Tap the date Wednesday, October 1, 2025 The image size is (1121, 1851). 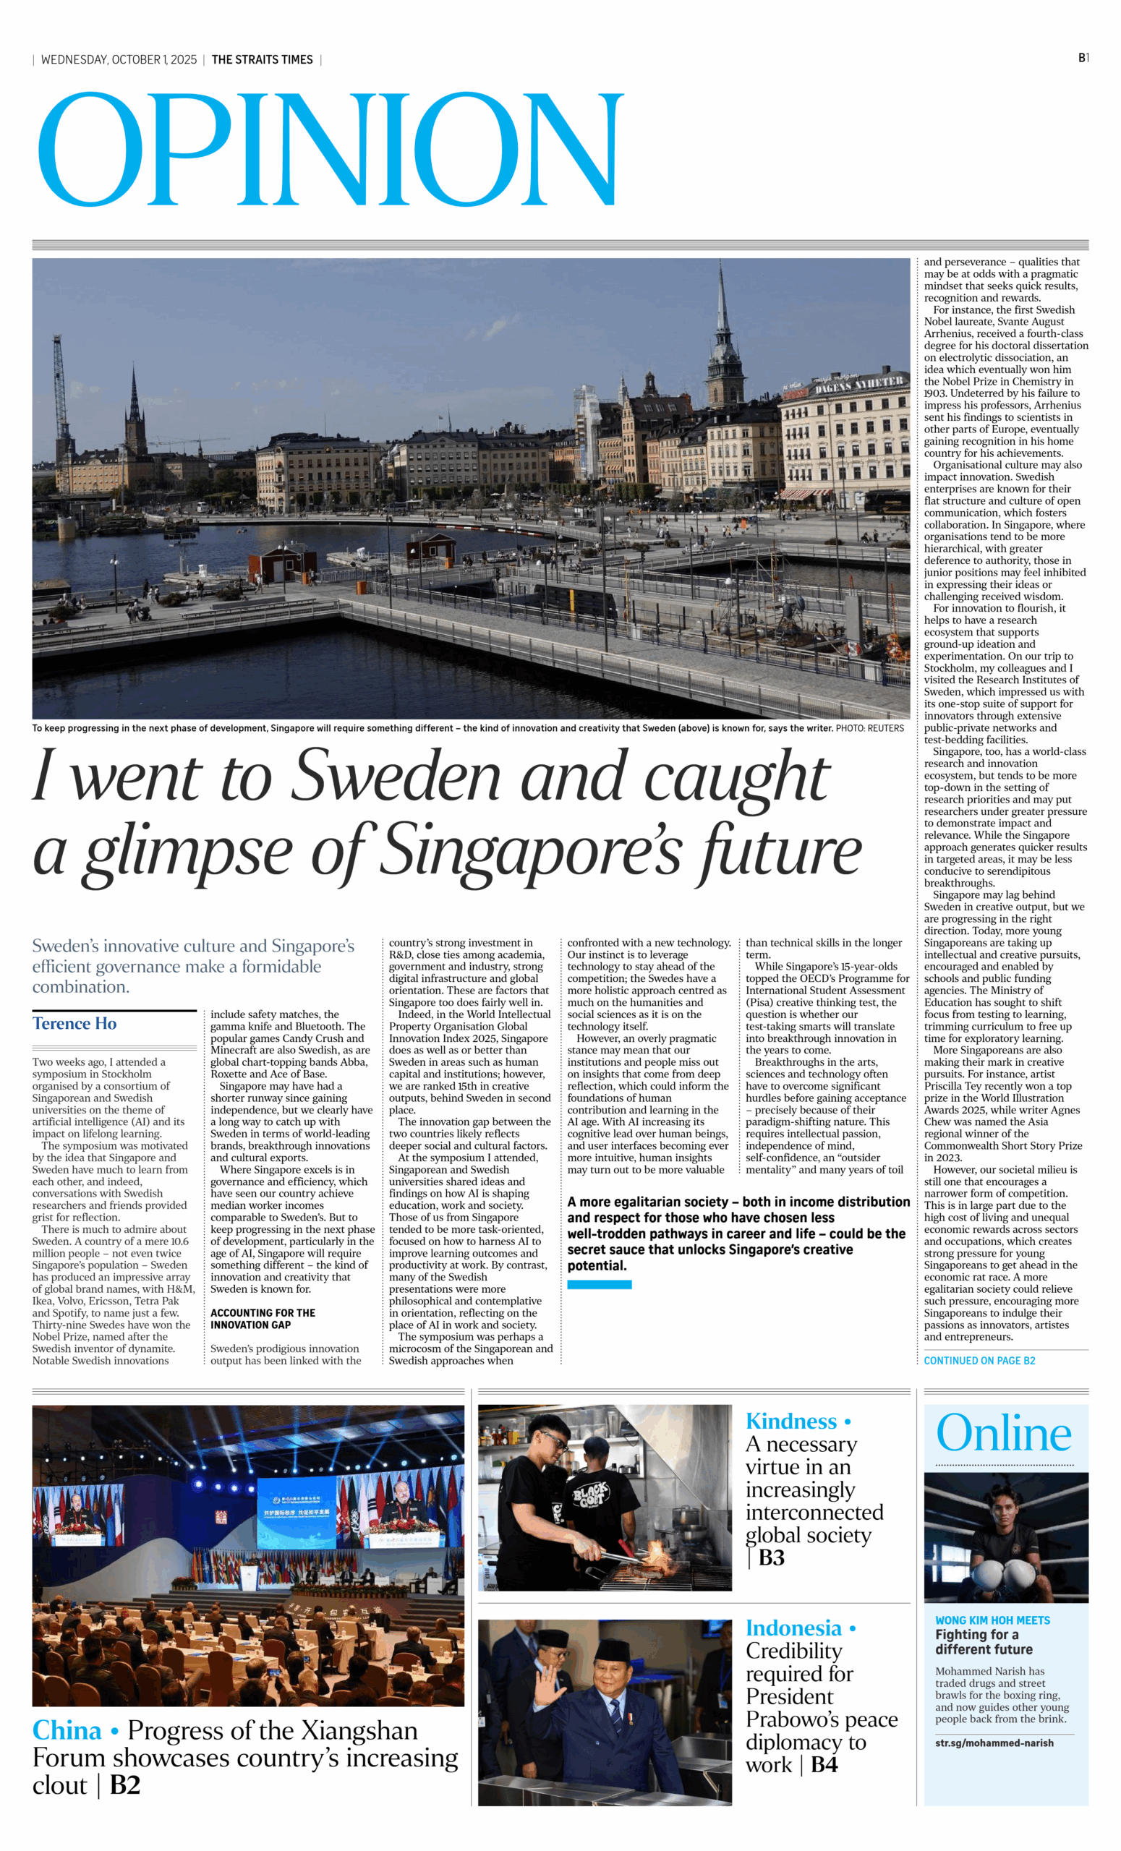click(119, 59)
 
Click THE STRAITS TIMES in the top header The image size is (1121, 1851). click(263, 59)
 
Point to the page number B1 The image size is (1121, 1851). click(1083, 58)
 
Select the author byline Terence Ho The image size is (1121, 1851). click(74, 1023)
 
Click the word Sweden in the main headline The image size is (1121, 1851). click(395, 776)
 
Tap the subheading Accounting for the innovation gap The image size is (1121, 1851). click(263, 1318)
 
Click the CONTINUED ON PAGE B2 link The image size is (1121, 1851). click(979, 1361)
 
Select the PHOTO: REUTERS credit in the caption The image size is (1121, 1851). click(869, 728)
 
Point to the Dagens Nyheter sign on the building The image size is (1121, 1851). click(858, 385)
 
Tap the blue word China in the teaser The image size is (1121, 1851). click(67, 1730)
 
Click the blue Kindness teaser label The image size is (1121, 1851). click(791, 1421)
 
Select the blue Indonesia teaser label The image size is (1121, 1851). click(793, 1627)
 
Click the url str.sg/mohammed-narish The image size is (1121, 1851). click(994, 1743)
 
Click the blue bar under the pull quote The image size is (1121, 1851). click(599, 1285)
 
